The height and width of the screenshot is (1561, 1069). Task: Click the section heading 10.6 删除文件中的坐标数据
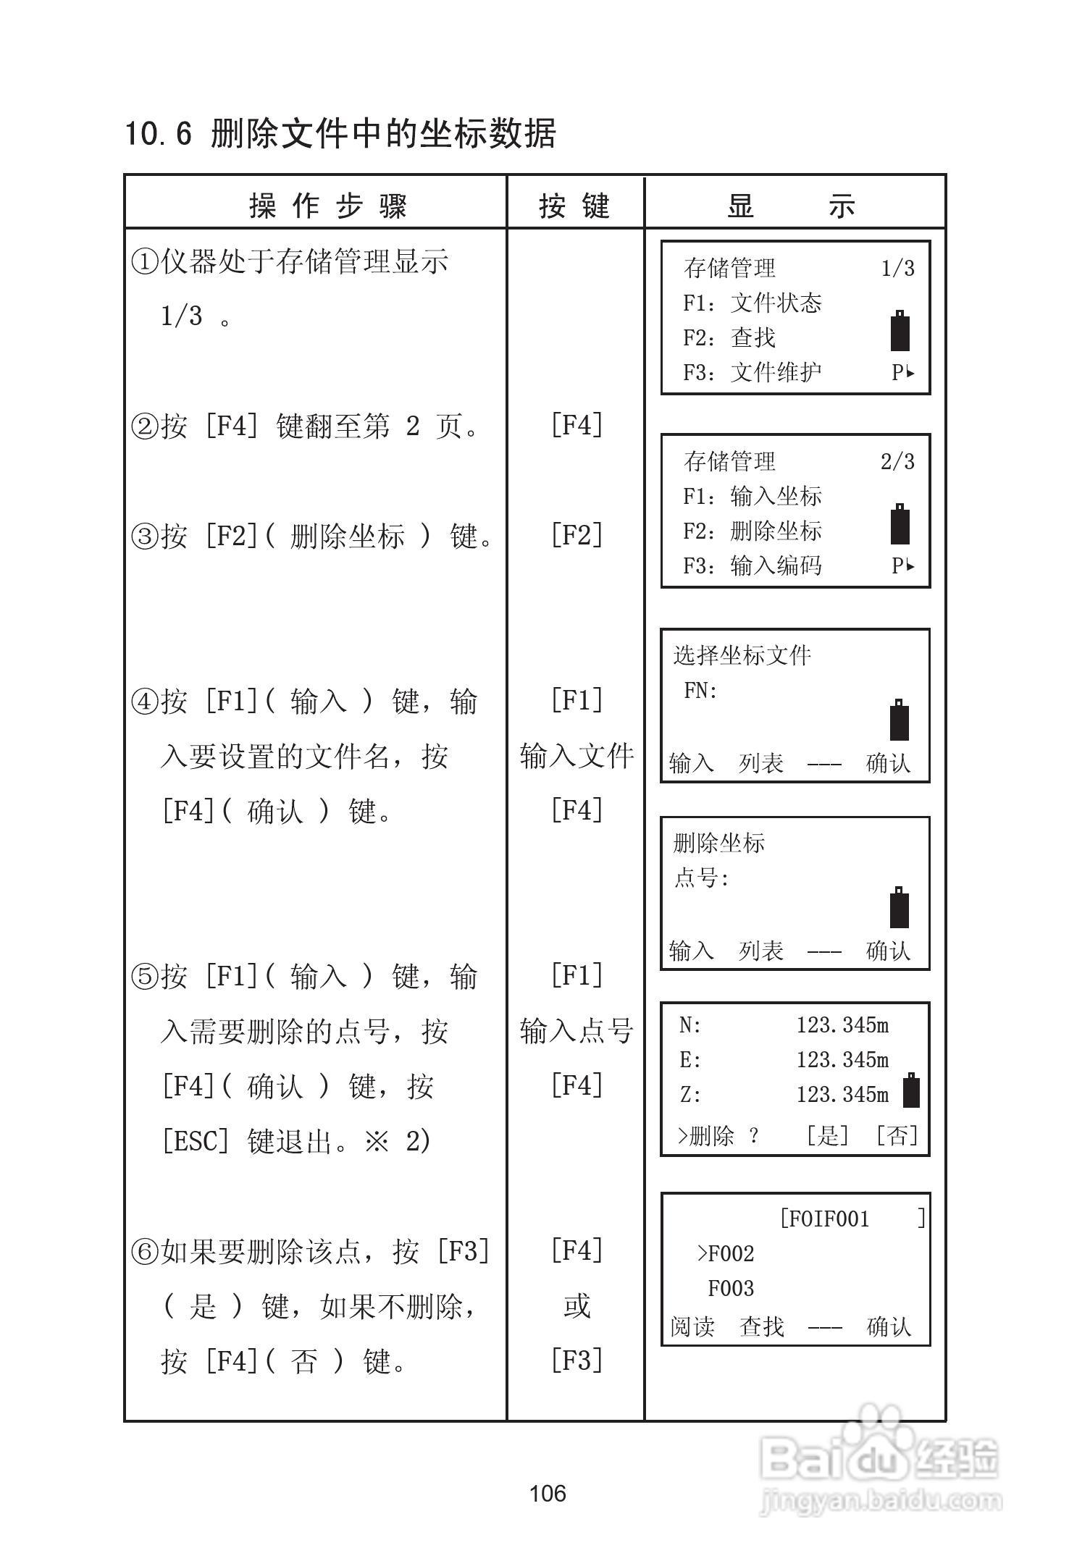(340, 135)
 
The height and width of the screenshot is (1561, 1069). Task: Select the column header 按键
(575, 206)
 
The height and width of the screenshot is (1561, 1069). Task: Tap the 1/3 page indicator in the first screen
(897, 269)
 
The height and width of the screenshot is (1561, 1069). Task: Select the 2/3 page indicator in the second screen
(897, 462)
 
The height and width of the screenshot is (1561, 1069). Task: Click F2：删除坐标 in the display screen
(752, 531)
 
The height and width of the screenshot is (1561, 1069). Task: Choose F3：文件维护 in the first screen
(752, 373)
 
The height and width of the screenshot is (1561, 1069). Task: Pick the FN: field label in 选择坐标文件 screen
(700, 691)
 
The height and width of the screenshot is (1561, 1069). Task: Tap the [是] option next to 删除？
(827, 1135)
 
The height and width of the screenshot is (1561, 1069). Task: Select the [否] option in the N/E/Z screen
(897, 1135)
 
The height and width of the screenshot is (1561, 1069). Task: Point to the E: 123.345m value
(842, 1061)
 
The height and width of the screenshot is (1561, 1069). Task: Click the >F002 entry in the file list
(726, 1254)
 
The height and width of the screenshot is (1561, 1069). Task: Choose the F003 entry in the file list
(731, 1289)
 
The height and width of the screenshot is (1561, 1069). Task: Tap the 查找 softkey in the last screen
(761, 1327)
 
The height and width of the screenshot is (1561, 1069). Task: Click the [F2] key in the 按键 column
(577, 536)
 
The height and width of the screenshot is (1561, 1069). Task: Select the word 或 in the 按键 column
(577, 1306)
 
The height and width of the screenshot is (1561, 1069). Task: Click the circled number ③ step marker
(144, 537)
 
